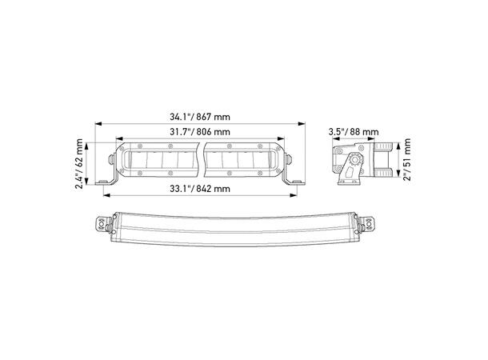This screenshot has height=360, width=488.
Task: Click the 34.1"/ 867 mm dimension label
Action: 200,117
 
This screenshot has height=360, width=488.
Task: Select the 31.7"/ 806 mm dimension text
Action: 200,132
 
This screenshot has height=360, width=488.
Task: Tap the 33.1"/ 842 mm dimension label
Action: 200,189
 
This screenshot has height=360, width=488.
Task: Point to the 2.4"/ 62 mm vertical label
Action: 79,164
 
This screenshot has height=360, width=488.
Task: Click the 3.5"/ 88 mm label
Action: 354,132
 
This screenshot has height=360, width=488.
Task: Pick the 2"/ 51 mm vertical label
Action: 406,159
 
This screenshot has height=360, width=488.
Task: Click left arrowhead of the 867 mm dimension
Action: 98,124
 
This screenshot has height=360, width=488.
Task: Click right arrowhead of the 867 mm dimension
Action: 302,124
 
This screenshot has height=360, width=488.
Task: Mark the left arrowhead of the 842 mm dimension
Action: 106,195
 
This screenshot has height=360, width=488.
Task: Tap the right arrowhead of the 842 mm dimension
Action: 293,195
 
